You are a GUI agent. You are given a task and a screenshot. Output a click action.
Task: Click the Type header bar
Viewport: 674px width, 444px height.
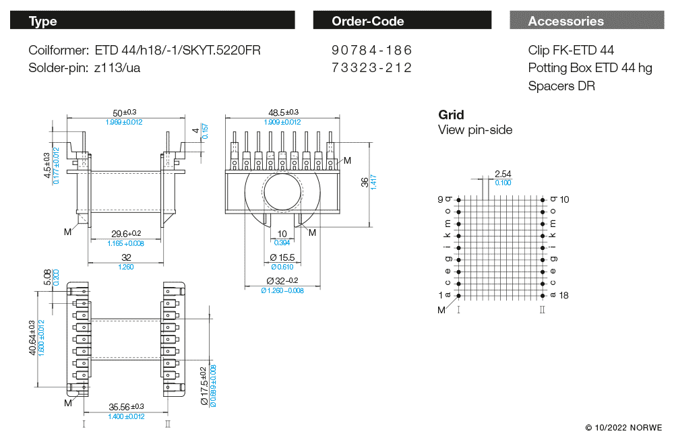pos(152,21)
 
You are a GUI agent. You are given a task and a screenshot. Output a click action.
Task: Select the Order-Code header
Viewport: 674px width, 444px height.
pos(402,21)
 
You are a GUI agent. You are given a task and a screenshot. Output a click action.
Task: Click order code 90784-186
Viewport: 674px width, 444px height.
pos(371,51)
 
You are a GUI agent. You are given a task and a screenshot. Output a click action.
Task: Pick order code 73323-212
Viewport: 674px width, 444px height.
pos(371,68)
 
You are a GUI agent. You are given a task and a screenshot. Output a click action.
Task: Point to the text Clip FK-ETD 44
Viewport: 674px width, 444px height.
pos(571,51)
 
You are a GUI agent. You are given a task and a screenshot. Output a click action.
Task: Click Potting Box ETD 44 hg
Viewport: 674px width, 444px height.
pos(590,68)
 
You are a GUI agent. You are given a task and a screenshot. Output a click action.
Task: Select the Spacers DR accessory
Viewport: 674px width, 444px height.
pos(561,86)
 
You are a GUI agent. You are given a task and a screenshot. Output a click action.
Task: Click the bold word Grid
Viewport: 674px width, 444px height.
pos(451,115)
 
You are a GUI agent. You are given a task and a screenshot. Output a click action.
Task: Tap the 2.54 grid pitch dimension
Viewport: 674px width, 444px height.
pos(503,174)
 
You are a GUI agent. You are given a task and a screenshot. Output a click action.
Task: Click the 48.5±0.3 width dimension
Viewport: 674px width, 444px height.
pos(283,113)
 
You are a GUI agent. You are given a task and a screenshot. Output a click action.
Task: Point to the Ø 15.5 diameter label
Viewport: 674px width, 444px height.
pos(282,258)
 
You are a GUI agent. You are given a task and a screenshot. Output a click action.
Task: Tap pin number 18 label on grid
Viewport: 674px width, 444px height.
pos(565,296)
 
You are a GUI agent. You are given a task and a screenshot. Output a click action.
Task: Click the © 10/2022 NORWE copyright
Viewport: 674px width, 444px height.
pos(623,428)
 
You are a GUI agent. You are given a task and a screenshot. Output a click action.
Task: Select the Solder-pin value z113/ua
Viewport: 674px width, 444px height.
pos(117,68)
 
